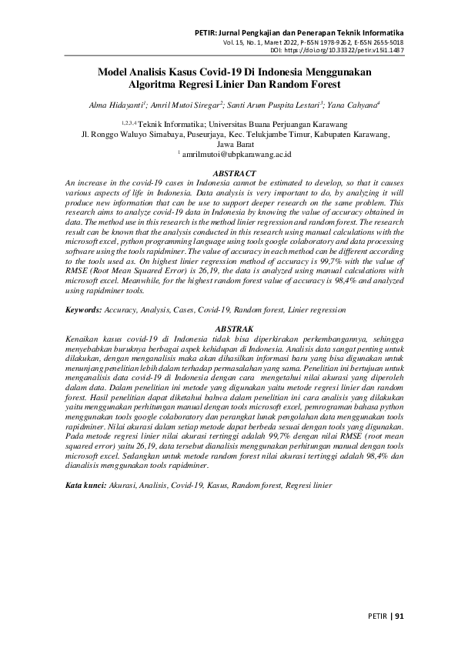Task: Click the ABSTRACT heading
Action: pos(233,175)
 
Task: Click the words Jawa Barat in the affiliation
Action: pos(232,143)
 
